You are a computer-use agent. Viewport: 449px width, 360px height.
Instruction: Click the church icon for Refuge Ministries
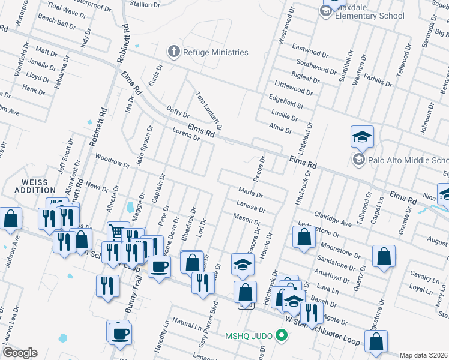click(x=174, y=52)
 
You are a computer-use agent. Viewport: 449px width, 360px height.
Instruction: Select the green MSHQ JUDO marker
click(x=280, y=335)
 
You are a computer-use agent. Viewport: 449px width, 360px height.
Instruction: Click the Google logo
click(x=20, y=353)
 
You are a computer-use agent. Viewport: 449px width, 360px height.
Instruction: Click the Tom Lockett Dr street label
click(x=209, y=111)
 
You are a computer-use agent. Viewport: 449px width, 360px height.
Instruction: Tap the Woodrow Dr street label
click(x=112, y=160)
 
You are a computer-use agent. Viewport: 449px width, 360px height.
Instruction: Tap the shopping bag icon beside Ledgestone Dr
click(x=304, y=236)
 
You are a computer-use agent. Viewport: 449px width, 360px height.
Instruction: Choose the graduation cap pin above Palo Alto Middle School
click(x=362, y=137)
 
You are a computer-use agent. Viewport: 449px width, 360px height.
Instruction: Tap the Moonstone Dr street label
click(x=339, y=246)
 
